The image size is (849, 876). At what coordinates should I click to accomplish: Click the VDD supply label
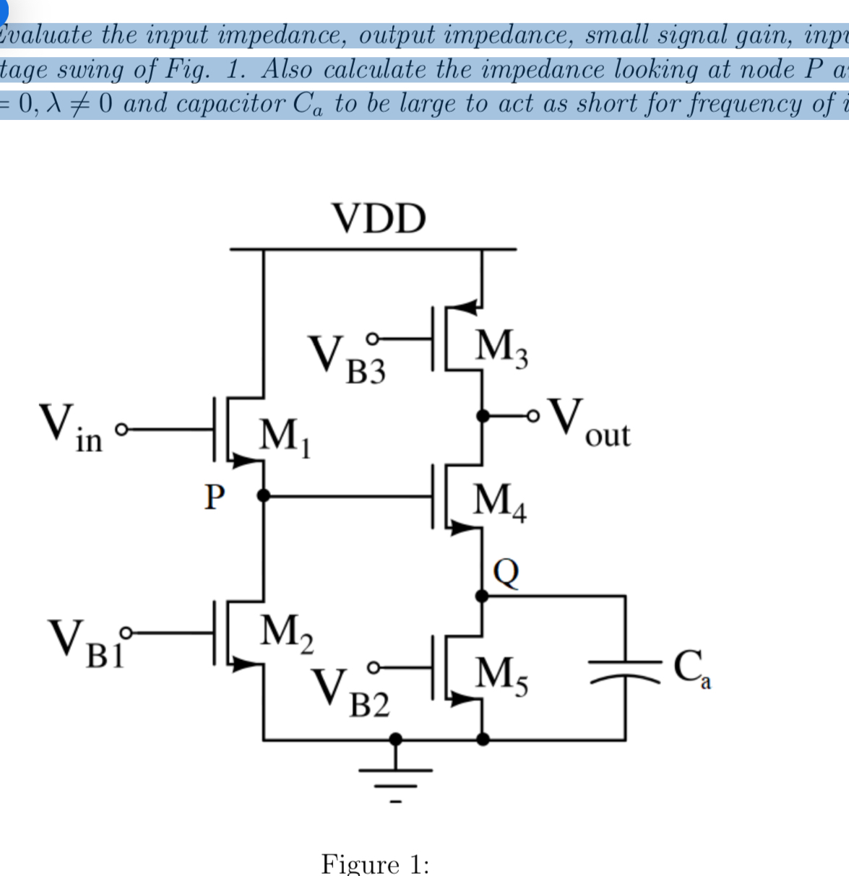coord(379,219)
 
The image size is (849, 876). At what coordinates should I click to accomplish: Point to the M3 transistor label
coord(501,349)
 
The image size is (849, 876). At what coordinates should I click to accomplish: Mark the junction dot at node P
coord(264,495)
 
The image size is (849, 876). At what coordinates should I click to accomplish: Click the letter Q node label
coord(506,572)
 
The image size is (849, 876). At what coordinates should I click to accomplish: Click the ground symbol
coord(395,773)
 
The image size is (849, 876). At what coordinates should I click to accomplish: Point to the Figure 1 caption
coord(375,864)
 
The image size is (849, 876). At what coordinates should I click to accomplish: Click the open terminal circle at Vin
coord(122,430)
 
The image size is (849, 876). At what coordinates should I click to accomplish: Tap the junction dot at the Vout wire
coord(483,416)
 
